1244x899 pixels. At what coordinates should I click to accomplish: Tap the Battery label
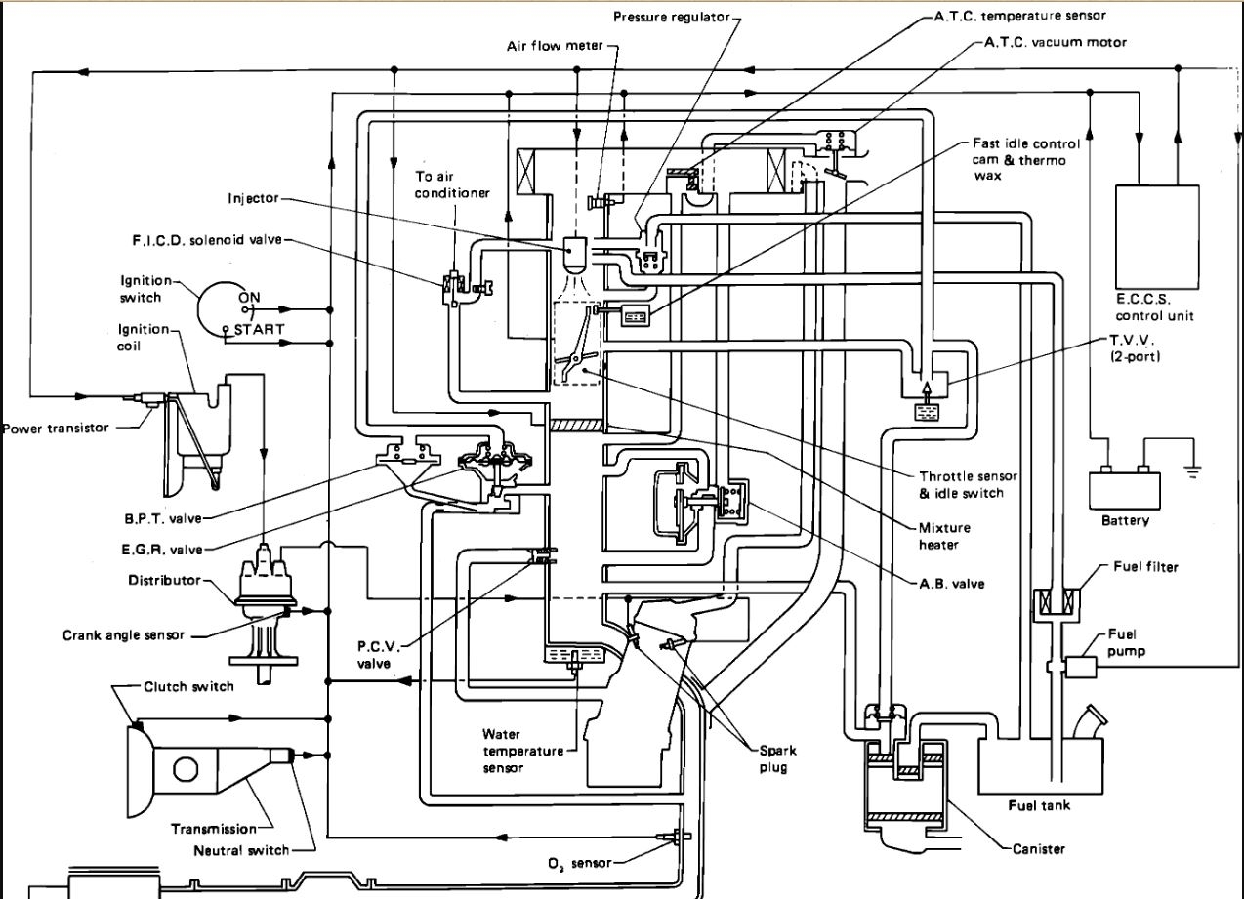click(1125, 520)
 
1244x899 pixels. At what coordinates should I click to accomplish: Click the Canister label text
click(1037, 848)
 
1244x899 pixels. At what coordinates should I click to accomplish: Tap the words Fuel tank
click(1038, 805)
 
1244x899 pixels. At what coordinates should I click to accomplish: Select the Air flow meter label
click(569, 46)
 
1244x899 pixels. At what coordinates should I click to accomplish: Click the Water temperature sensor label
click(522, 751)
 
